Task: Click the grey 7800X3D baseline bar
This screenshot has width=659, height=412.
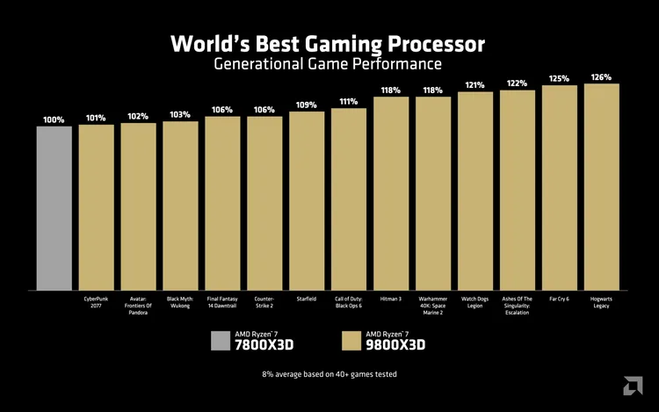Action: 54,208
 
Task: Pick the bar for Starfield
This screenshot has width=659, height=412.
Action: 307,201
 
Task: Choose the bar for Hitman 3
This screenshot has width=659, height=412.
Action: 391,194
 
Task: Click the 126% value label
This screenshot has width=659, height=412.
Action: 602,77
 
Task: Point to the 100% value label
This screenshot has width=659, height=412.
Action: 54,119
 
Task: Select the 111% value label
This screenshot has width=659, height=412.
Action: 349,102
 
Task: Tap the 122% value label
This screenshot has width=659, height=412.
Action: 518,83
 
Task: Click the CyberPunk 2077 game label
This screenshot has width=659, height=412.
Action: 97,302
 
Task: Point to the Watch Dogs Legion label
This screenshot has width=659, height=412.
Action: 475,302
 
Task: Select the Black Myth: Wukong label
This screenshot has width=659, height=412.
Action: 180,302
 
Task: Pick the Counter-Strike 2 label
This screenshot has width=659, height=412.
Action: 264,302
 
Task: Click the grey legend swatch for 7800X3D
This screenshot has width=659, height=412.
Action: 220,341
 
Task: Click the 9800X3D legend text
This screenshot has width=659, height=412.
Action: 395,344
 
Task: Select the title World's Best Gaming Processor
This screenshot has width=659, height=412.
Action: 328,43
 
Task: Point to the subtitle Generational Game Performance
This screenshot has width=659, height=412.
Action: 328,64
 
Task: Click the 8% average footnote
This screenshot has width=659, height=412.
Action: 329,374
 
